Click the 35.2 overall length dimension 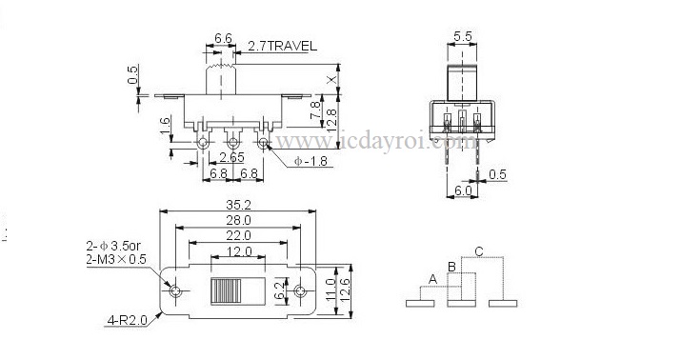[x=238, y=205]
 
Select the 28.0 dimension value [x=238, y=220]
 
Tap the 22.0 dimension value [x=238, y=236]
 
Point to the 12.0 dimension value [x=238, y=251]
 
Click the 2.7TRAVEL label [x=282, y=46]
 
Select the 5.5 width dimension [x=462, y=36]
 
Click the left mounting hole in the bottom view [x=175, y=290]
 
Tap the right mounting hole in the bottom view [x=300, y=290]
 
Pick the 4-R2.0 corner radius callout [x=128, y=321]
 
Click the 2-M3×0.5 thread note [x=116, y=260]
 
